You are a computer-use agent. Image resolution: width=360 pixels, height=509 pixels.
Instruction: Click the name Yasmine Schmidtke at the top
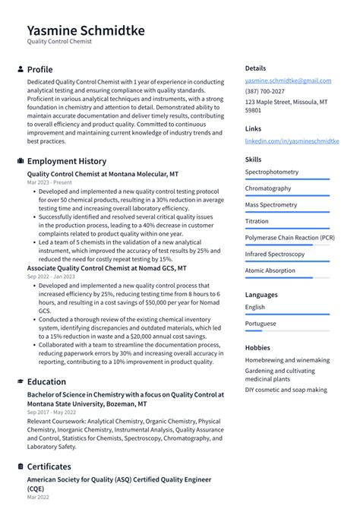click(x=85, y=30)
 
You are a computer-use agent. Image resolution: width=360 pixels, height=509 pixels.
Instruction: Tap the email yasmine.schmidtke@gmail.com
click(x=288, y=81)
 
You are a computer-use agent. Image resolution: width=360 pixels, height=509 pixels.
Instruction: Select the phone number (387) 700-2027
click(x=264, y=91)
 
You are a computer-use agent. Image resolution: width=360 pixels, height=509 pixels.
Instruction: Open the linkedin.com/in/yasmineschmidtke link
click(x=292, y=141)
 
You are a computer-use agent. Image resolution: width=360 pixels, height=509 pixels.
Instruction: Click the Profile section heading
click(x=39, y=69)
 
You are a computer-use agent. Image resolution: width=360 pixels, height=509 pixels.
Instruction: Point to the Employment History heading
click(x=67, y=161)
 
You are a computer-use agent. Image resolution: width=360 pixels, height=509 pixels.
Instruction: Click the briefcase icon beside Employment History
click(x=20, y=161)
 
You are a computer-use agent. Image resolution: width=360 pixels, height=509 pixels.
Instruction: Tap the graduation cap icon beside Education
click(x=20, y=382)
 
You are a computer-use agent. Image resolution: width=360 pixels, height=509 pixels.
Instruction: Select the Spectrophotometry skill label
click(x=271, y=172)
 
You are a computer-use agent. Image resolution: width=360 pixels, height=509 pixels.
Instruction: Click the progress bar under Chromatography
click(x=287, y=195)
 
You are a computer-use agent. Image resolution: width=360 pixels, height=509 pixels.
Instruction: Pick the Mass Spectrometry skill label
click(x=271, y=205)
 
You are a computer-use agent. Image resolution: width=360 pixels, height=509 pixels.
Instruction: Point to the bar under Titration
click(x=287, y=228)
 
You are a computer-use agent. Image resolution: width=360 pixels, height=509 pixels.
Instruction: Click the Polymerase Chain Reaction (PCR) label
click(x=289, y=238)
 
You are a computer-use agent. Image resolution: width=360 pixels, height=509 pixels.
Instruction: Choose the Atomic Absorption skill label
click(x=270, y=270)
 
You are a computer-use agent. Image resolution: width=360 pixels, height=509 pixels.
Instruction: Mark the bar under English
click(x=287, y=315)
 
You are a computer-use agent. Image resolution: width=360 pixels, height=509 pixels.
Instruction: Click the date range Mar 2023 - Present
click(x=49, y=183)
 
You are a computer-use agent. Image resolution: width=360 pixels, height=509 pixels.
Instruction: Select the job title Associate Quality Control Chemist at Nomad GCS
click(x=106, y=268)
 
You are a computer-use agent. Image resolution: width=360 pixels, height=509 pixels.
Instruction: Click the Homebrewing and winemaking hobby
click(x=287, y=360)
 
